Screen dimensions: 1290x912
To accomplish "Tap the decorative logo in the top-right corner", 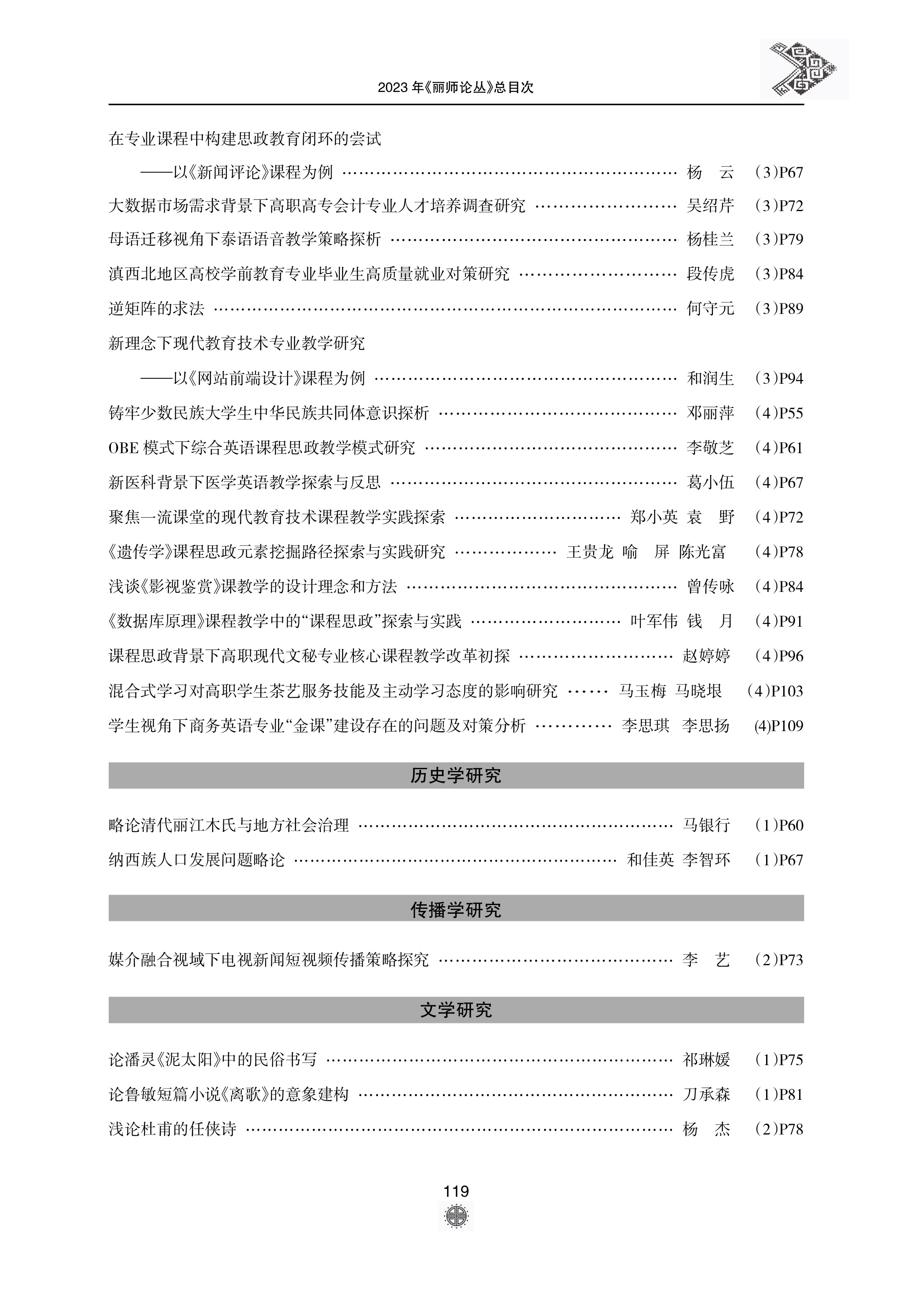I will (804, 69).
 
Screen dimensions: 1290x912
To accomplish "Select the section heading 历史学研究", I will (456, 775).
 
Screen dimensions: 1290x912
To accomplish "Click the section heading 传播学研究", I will (456, 910).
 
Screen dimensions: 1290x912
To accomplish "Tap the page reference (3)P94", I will (779, 378).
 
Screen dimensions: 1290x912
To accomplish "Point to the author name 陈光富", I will (703, 552).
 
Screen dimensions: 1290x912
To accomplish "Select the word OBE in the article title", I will (123, 448).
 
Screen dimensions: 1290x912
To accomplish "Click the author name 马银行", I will (706, 825).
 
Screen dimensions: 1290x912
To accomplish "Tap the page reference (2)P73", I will (779, 960).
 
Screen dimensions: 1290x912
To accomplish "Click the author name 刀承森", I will (706, 1094).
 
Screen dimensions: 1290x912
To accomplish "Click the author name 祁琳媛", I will (706, 1060).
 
